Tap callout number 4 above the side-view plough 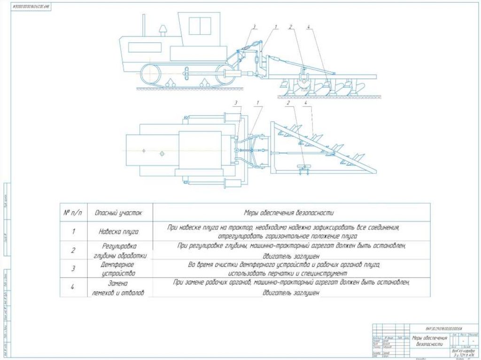[308, 26]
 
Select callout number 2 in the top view [289, 102]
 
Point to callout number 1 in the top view [258, 102]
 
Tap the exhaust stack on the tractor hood [163, 31]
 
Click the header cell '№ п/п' [73, 213]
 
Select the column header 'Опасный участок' [118, 213]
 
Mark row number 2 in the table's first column [73, 250]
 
